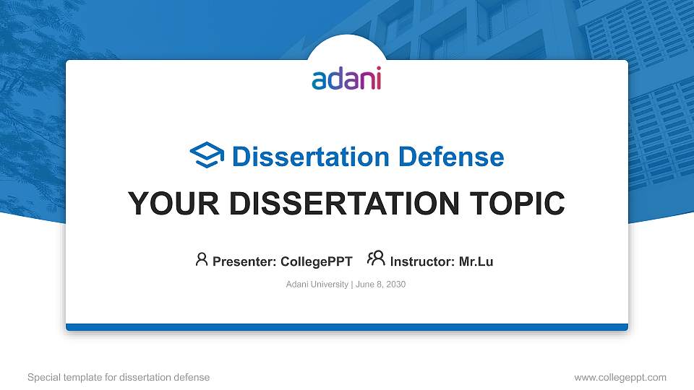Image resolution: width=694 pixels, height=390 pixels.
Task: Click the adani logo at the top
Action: pyautogui.click(x=346, y=78)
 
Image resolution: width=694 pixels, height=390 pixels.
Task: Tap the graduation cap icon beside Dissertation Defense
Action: pyautogui.click(x=207, y=155)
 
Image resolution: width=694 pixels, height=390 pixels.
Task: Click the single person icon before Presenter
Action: pyautogui.click(x=202, y=259)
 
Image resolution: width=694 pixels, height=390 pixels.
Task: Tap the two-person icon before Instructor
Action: pyautogui.click(x=376, y=259)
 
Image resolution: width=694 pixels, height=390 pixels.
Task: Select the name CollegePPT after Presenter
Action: pyautogui.click(x=316, y=261)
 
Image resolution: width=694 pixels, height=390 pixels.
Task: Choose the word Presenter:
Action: pyautogui.click(x=244, y=261)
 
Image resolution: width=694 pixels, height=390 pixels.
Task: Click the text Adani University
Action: pyautogui.click(x=317, y=285)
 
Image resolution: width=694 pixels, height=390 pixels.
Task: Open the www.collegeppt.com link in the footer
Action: pyautogui.click(x=620, y=377)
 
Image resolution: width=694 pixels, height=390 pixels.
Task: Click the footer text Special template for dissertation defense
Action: pyautogui.click(x=119, y=377)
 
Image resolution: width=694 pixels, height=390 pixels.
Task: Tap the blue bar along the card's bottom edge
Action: pyautogui.click(x=347, y=327)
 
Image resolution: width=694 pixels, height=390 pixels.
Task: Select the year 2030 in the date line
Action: pyautogui.click(x=395, y=285)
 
